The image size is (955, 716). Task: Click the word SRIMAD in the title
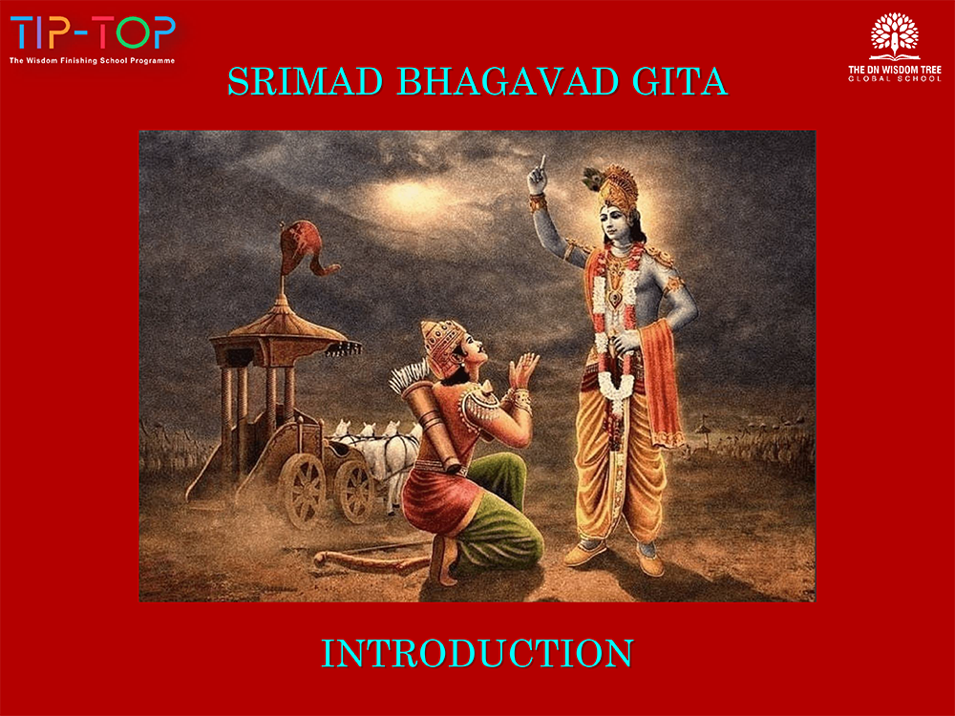[306, 81]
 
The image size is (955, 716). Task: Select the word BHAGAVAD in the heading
[508, 81]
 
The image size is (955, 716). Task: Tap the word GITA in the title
[680, 81]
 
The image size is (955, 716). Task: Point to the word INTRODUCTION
[477, 653]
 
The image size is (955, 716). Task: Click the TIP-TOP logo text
[93, 32]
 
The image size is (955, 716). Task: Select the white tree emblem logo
[894, 36]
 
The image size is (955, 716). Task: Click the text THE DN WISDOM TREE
[895, 70]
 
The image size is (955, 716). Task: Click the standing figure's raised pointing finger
[541, 164]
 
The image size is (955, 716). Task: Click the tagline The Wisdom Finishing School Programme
[92, 60]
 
